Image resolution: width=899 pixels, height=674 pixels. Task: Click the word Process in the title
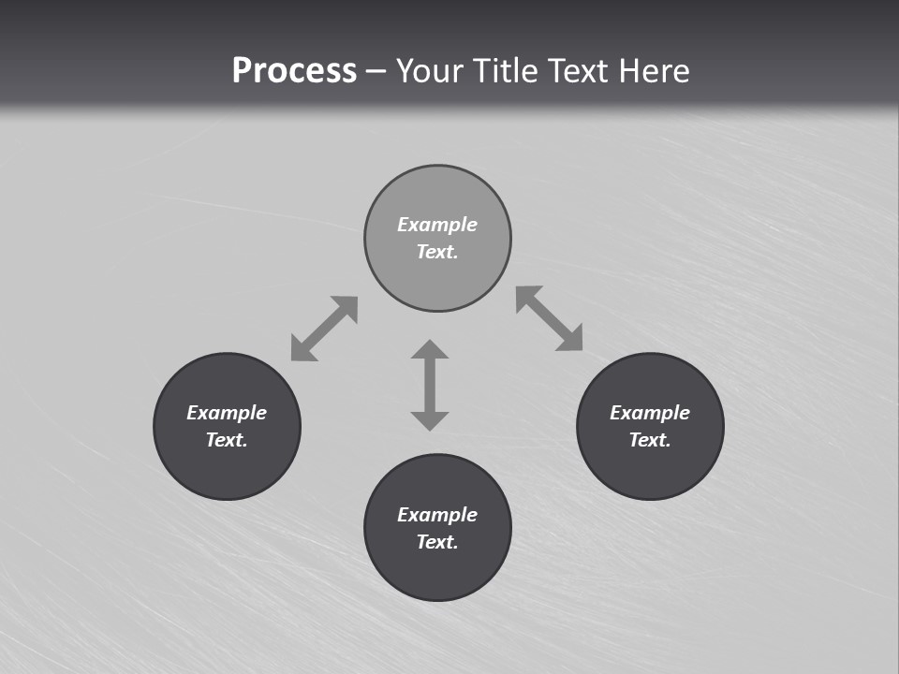pyautogui.click(x=294, y=71)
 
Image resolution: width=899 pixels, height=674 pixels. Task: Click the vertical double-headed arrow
pyautogui.click(x=430, y=385)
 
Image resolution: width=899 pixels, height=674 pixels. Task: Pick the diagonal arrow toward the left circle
pyautogui.click(x=324, y=329)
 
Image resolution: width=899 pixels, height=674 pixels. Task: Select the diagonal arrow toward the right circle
pyautogui.click(x=550, y=318)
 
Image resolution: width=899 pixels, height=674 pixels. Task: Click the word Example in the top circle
pyautogui.click(x=437, y=225)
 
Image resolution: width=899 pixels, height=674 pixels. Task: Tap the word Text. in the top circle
pyautogui.click(x=437, y=252)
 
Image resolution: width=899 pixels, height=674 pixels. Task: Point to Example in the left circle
pyautogui.click(x=227, y=413)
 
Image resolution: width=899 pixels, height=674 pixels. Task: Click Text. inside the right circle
pyautogui.click(x=650, y=440)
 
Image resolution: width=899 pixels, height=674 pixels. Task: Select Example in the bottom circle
pyautogui.click(x=437, y=515)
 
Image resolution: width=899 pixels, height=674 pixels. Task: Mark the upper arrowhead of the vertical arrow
pyautogui.click(x=430, y=350)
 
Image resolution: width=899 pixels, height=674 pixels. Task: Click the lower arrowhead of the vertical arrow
pyautogui.click(x=430, y=420)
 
